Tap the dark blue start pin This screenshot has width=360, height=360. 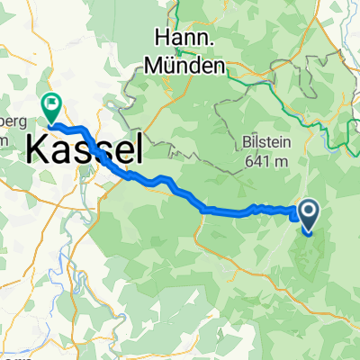(308, 214)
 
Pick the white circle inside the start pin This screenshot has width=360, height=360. (308, 211)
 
